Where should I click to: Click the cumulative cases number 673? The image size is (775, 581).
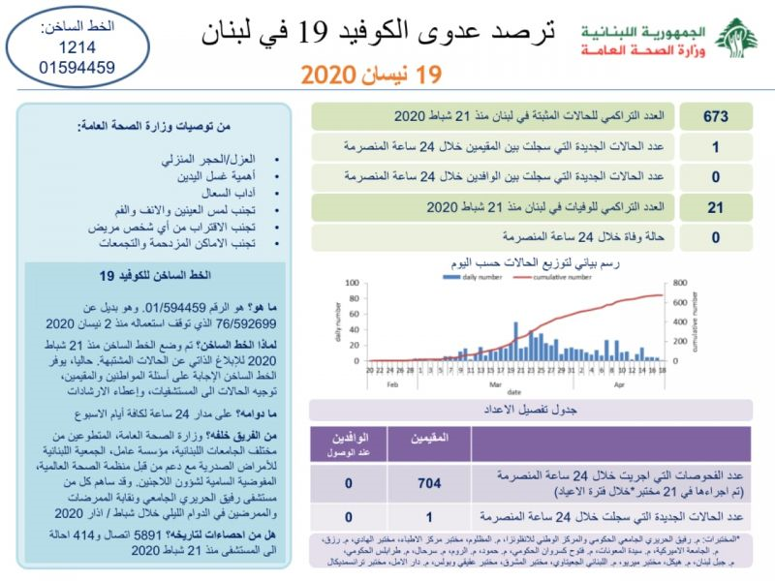pyautogui.click(x=717, y=116)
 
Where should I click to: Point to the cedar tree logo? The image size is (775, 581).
pyautogui.click(x=742, y=37)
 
